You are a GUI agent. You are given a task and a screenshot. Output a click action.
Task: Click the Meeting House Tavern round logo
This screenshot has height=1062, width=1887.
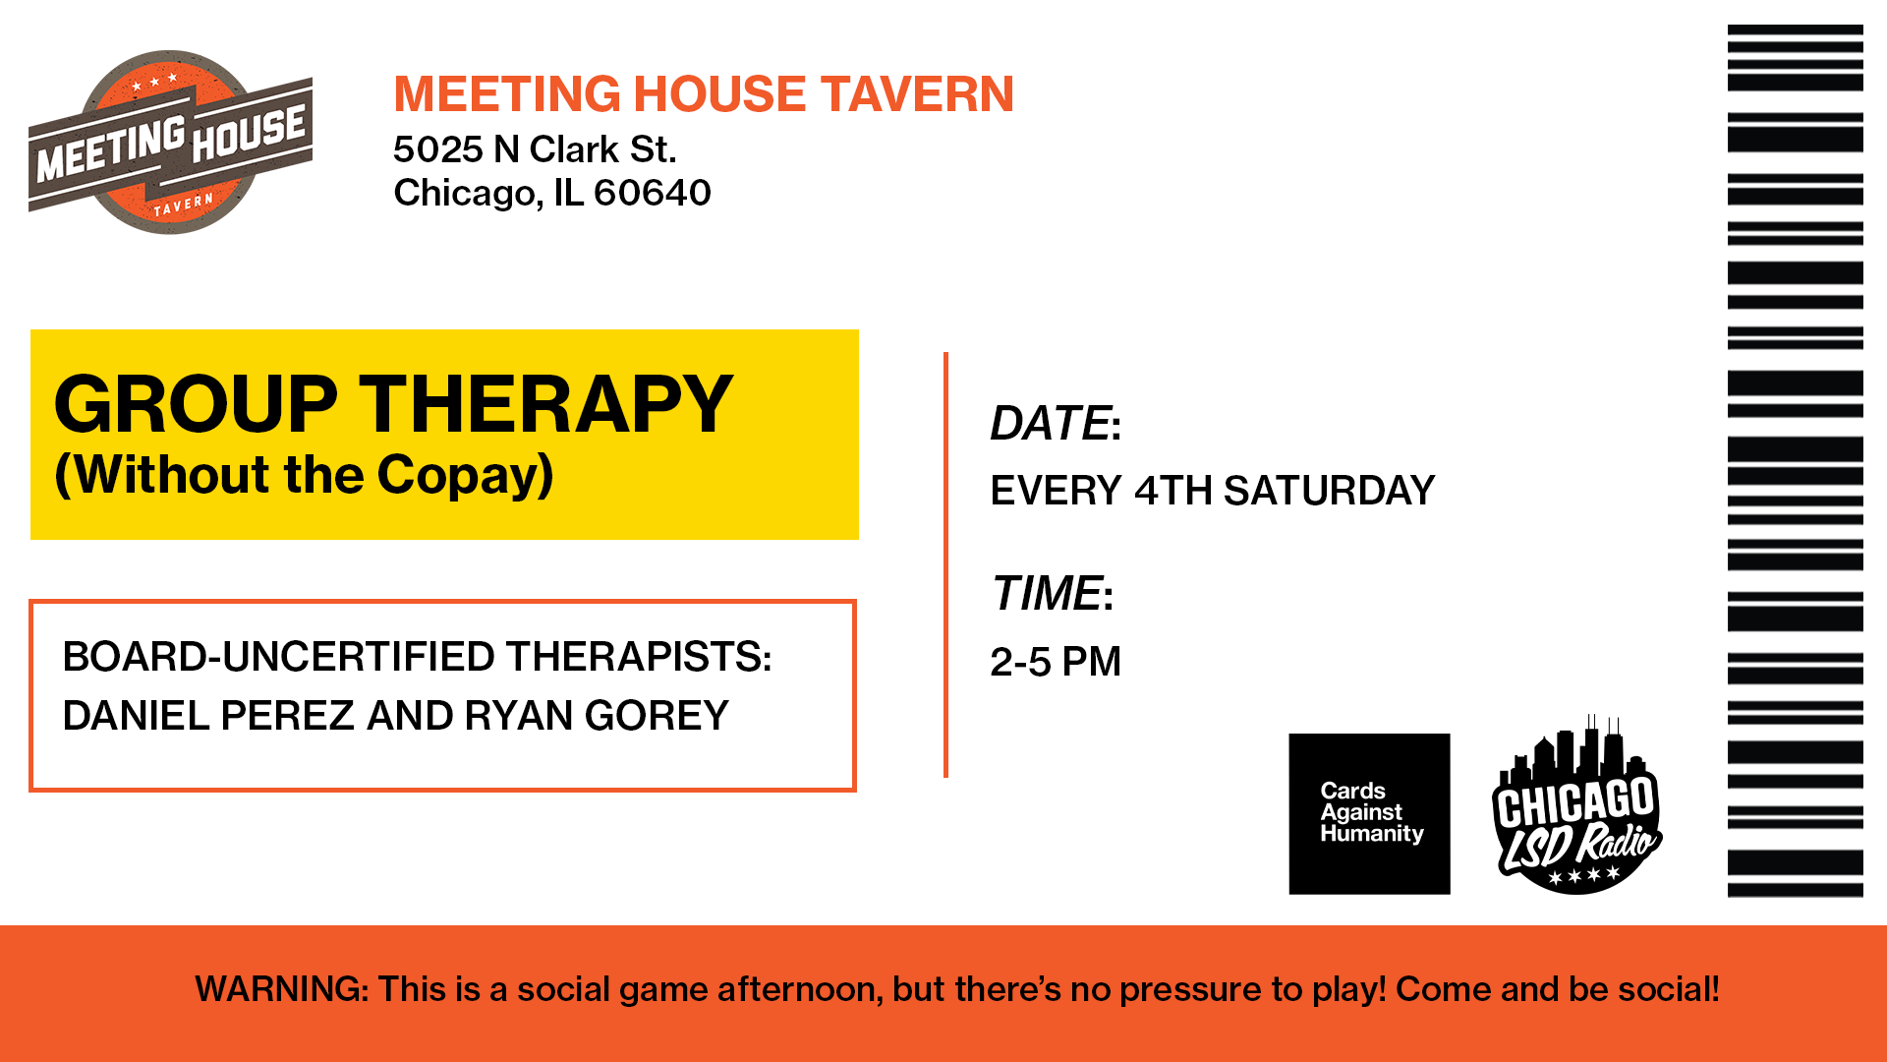click(170, 143)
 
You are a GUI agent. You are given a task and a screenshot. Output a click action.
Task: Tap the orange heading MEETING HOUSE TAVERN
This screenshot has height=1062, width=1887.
click(703, 94)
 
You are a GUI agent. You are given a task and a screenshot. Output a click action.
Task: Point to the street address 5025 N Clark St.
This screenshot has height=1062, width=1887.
click(535, 149)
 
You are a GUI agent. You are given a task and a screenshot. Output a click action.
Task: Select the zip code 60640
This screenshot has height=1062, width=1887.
click(652, 193)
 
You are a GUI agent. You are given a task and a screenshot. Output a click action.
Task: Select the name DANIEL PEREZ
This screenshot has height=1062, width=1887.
click(207, 715)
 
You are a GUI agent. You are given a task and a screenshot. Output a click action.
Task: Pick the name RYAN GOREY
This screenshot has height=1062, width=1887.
click(596, 715)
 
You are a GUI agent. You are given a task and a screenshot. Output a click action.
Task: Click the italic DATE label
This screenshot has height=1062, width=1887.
click(1050, 424)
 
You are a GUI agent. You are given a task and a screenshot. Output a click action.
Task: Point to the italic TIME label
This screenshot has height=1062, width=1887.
click(1046, 594)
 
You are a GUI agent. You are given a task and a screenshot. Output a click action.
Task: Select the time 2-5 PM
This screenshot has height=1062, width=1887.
click(1055, 662)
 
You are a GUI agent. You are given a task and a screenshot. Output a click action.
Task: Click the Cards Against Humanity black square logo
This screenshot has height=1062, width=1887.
click(1369, 813)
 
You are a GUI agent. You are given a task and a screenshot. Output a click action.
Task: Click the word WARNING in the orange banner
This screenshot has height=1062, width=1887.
click(280, 989)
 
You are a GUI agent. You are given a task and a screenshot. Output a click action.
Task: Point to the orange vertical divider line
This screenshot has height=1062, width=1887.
click(945, 565)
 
